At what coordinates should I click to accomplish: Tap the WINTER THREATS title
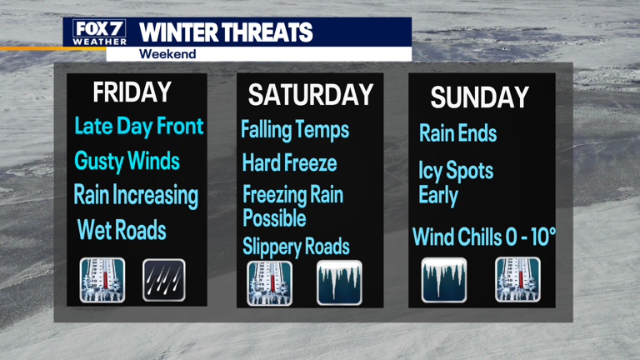coord(226,32)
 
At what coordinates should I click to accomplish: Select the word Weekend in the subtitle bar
coord(167,54)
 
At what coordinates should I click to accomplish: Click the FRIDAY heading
coord(132,92)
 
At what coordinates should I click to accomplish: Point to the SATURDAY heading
coord(310,94)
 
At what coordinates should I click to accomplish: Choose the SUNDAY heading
coord(479,97)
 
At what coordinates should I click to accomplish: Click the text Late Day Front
coord(138,127)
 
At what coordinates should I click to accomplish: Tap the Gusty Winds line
coord(127,161)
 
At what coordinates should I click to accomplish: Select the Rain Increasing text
coord(136,196)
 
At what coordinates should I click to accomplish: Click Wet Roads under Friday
coord(122,230)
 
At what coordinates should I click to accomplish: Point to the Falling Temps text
coord(295,130)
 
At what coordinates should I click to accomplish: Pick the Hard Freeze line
coord(289,162)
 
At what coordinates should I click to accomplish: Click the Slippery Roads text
coord(296,247)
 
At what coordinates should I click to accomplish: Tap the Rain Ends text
coord(457,132)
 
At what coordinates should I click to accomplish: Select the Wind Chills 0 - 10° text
coord(484,237)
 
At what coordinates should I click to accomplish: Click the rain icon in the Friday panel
coord(163,280)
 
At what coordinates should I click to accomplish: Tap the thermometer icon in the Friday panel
coord(102,280)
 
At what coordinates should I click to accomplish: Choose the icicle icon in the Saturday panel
coord(339,283)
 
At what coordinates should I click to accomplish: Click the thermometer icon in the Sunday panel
coord(518,279)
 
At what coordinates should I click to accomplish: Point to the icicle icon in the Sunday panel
coord(444,279)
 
